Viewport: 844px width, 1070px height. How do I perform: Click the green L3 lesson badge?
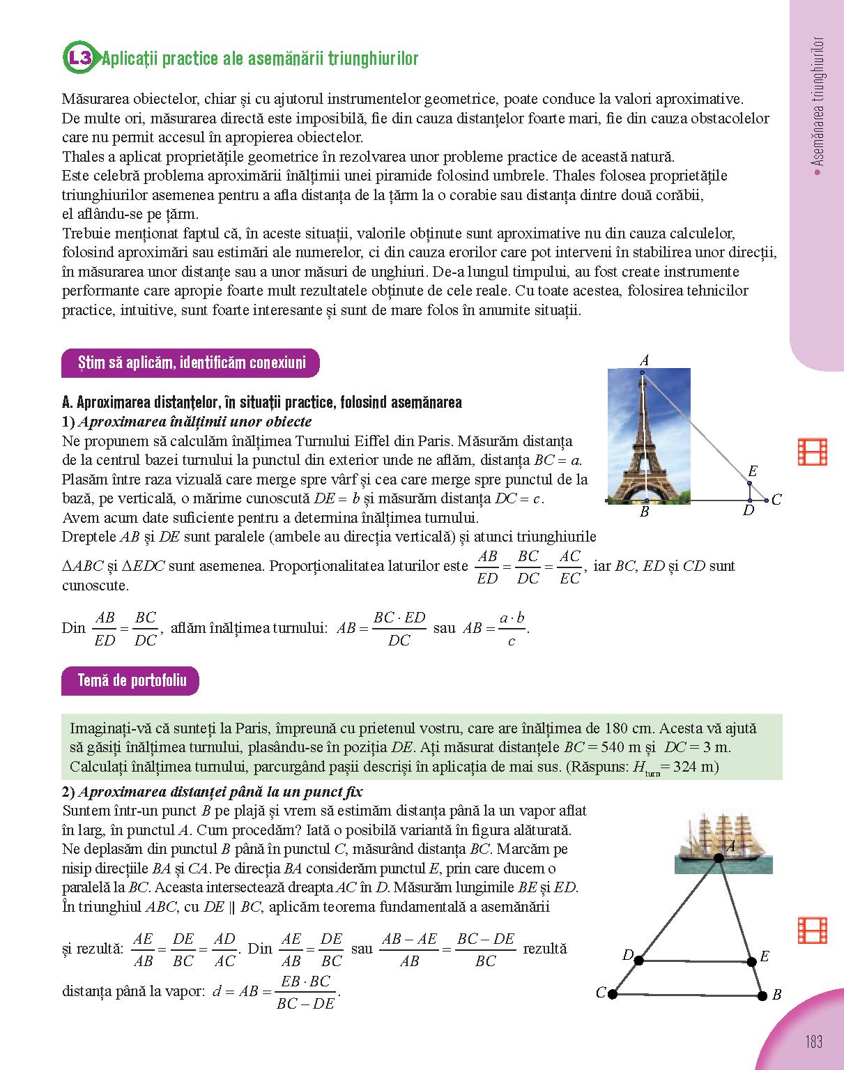click(x=79, y=59)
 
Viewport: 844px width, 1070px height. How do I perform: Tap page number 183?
click(x=813, y=1041)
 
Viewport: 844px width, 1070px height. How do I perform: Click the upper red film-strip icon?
click(x=812, y=452)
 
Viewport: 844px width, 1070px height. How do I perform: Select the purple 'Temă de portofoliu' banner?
click(x=131, y=681)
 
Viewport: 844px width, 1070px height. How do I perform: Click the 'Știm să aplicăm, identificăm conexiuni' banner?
click(x=191, y=362)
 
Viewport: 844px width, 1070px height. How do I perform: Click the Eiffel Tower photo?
click(x=649, y=434)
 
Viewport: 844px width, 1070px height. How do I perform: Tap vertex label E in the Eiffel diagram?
click(x=753, y=472)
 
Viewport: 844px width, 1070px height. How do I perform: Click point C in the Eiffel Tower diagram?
click(x=767, y=500)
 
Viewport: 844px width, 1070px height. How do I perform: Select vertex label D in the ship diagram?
click(x=628, y=955)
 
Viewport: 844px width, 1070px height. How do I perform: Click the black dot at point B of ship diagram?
click(x=762, y=995)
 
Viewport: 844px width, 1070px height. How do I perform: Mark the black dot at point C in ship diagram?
click(x=613, y=994)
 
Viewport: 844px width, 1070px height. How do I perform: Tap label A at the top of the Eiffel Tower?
click(x=645, y=360)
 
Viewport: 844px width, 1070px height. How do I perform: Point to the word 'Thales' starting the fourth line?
click(x=82, y=156)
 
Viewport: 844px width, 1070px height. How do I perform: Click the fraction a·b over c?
click(x=512, y=629)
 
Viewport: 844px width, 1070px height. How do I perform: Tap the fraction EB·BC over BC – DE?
click(x=305, y=992)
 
